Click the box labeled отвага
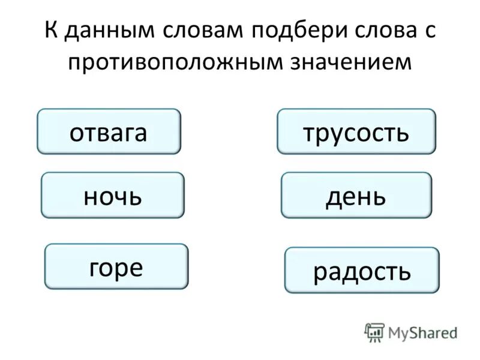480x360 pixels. click(x=109, y=131)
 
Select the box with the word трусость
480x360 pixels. click(x=356, y=131)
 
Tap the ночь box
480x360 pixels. click(x=112, y=195)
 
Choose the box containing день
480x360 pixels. click(x=356, y=195)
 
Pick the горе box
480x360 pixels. click(x=116, y=266)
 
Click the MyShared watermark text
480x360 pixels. click(x=422, y=331)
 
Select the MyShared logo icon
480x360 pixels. click(x=374, y=332)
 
